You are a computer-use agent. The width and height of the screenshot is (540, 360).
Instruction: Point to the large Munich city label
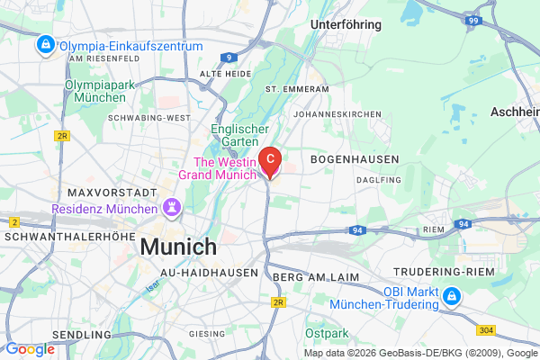click(x=178, y=246)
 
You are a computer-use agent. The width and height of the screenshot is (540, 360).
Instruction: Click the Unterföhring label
click(x=345, y=25)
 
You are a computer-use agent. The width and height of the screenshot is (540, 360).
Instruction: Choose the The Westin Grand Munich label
click(x=219, y=168)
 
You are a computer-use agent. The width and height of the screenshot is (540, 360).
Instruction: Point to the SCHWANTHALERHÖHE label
click(x=62, y=236)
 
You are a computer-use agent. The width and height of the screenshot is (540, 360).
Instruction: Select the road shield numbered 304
click(x=512, y=332)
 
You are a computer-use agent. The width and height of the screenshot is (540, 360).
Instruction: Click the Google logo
click(x=30, y=349)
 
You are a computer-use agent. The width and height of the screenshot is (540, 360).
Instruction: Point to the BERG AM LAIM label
click(x=315, y=277)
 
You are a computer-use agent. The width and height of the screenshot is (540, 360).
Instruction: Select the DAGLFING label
click(x=378, y=180)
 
